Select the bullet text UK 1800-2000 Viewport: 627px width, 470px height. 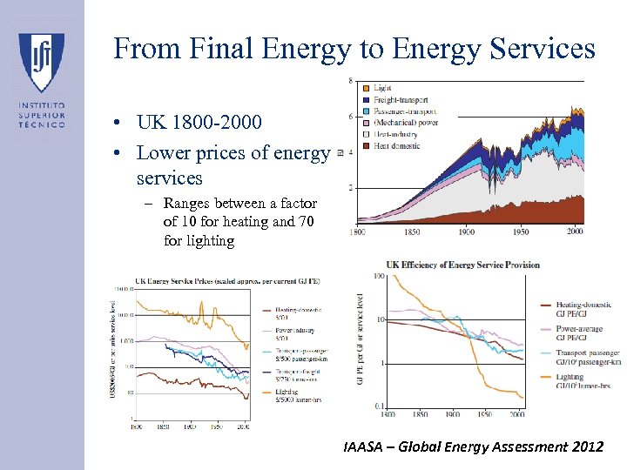pyautogui.click(x=199, y=122)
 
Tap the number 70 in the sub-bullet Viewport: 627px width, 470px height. pyautogui.click(x=307, y=221)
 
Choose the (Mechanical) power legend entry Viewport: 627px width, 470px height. pyautogui.click(x=405, y=123)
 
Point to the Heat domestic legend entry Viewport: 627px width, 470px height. pyautogui.click(x=397, y=145)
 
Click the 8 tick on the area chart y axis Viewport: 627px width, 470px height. pyautogui.click(x=350, y=82)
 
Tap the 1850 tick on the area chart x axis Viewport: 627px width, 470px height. pyautogui.click(x=412, y=232)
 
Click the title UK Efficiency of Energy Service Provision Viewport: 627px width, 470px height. pyautogui.click(x=463, y=265)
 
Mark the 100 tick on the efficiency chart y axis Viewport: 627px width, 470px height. pyautogui.click(x=380, y=277)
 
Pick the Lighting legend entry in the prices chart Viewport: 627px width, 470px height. pyautogui.click(x=292, y=393)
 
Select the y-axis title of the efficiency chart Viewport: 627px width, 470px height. pyautogui.click(x=360, y=340)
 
